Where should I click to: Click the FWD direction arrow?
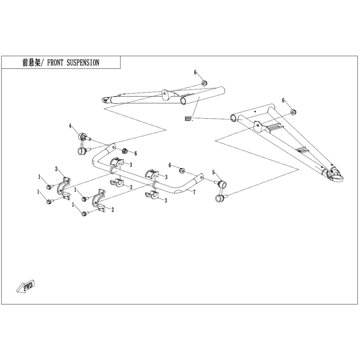25,286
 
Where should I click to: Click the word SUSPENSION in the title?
83,62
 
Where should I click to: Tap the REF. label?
189,119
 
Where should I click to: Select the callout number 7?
194,192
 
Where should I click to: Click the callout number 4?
70,126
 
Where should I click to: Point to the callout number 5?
213,172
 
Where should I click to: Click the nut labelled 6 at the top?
204,83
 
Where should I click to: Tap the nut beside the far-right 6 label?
293,112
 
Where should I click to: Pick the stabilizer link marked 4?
83,143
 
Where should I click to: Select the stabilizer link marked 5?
221,191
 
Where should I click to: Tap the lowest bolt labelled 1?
85,214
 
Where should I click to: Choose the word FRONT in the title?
55,62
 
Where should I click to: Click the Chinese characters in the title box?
31,62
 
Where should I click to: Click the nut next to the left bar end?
124,151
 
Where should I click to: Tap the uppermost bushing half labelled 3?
117,161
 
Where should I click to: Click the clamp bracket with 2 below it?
99,201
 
